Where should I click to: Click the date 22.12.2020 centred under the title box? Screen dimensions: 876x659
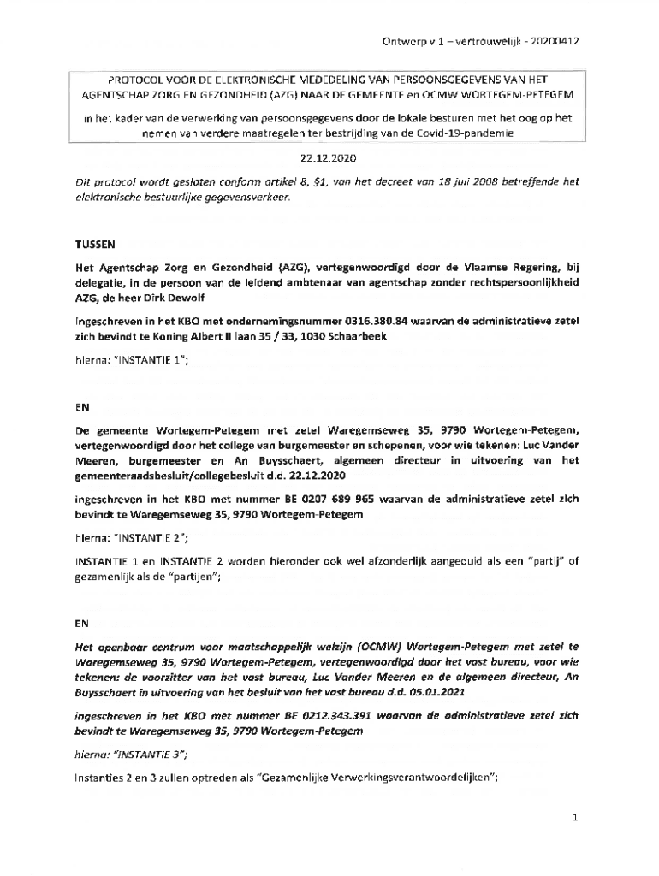[x=328, y=159]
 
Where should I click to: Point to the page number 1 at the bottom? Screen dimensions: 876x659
[x=577, y=818]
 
